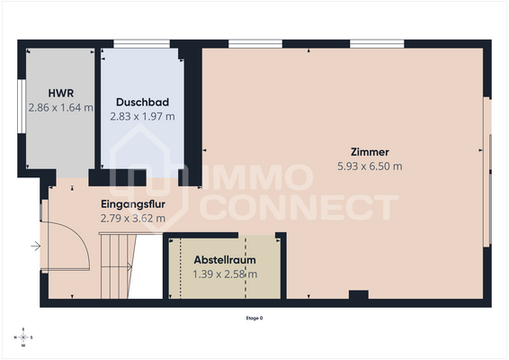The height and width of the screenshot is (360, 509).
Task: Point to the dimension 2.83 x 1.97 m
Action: pyautogui.click(x=142, y=116)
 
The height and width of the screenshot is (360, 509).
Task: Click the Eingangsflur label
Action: pyautogui.click(x=132, y=204)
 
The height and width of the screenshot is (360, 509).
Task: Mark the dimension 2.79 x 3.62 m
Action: pyautogui.click(x=132, y=218)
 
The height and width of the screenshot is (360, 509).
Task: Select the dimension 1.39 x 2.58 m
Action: pyautogui.click(x=225, y=274)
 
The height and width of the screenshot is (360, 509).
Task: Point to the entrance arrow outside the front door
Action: pyautogui.click(x=35, y=245)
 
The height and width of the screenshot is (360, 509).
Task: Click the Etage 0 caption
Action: pyautogui.click(x=254, y=319)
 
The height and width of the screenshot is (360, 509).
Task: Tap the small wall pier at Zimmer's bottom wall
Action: pyautogui.click(x=358, y=295)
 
